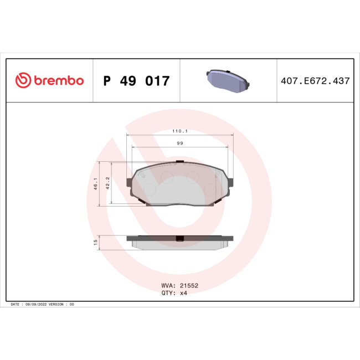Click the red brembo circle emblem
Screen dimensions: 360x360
[x=23, y=81]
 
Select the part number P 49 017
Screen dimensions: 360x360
[x=136, y=81]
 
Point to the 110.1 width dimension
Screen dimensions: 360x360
[x=180, y=131]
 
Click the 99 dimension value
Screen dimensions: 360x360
[x=180, y=143]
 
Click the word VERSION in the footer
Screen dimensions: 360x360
[x=56, y=305]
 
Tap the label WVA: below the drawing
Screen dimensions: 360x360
[x=168, y=285]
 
